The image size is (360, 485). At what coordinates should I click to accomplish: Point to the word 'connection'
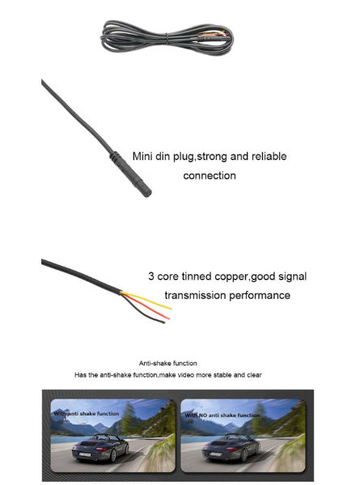[x=210, y=175]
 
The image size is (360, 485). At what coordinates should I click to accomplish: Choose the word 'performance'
[x=260, y=295]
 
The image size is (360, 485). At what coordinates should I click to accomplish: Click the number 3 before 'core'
[x=151, y=276]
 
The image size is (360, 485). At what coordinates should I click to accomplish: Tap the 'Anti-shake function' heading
[x=168, y=363]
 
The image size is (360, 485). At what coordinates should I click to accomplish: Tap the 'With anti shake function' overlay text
[x=87, y=413]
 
